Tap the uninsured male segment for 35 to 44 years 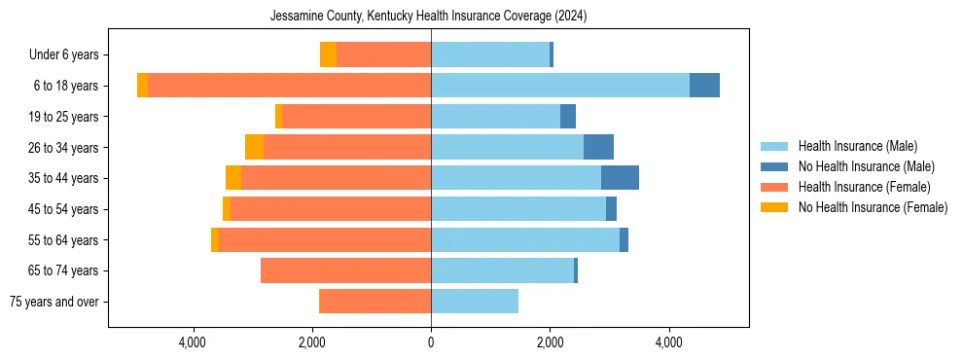click(x=620, y=178)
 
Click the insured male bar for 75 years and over click(x=475, y=302)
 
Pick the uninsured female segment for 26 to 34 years click(x=254, y=147)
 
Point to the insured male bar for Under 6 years click(x=490, y=54)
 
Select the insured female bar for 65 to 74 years click(x=345, y=270)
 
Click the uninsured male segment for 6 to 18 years click(x=704, y=86)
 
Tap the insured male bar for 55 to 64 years click(x=525, y=239)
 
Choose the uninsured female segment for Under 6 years click(x=328, y=54)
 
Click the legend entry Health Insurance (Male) click(x=857, y=146)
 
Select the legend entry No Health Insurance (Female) click(x=873, y=207)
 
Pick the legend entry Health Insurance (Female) click(x=864, y=187)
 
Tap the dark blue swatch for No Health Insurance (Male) click(x=774, y=166)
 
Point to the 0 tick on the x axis click(x=431, y=342)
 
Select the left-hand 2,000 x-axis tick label click(x=311, y=342)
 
